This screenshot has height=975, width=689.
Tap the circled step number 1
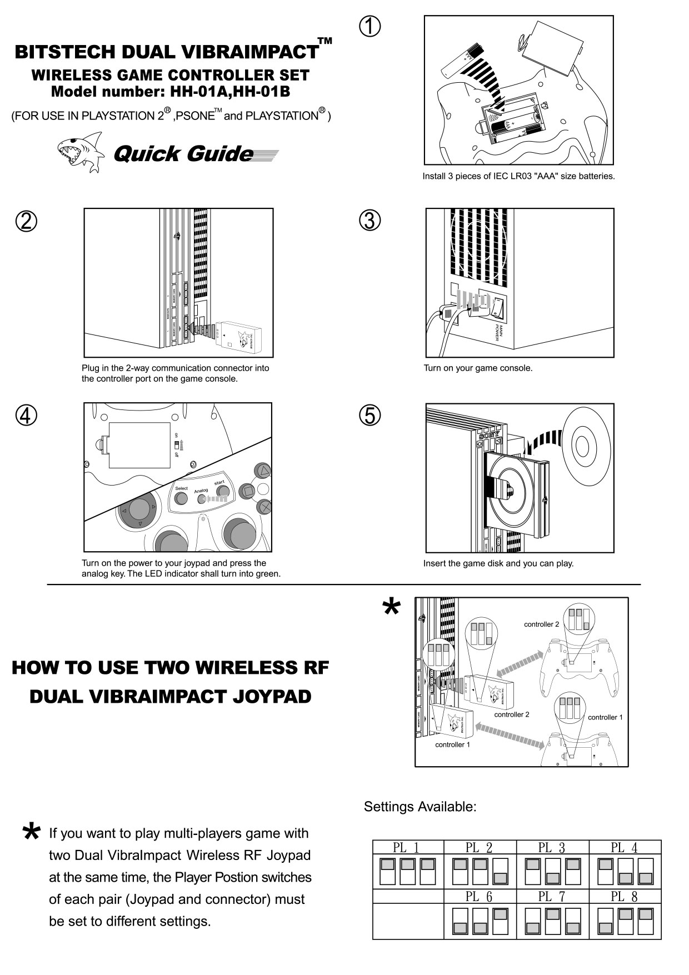click(x=370, y=26)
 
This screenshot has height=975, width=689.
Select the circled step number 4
click(x=26, y=415)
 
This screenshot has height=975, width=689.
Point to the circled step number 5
click(x=370, y=415)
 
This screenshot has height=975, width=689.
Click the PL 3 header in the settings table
click(x=552, y=848)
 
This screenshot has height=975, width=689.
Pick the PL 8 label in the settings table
click(x=624, y=896)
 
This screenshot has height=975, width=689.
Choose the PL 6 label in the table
click(x=479, y=896)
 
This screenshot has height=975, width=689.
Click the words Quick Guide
click(x=183, y=154)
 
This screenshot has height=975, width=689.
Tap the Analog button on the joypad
click(x=202, y=498)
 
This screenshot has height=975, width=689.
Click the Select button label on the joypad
click(x=182, y=489)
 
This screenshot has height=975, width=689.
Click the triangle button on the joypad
click(x=262, y=472)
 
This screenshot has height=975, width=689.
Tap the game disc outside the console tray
click(x=586, y=444)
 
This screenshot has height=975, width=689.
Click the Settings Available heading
click(x=420, y=807)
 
